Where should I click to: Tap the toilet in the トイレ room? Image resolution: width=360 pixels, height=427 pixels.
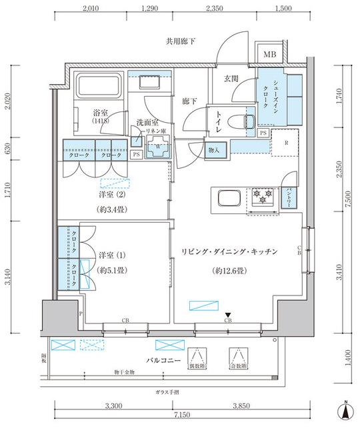coord(234,121)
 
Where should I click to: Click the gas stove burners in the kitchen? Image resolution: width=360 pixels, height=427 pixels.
coord(261,195)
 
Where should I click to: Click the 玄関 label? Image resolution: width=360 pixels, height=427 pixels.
coord(231,79)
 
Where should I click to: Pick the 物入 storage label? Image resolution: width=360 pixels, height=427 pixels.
coord(214,151)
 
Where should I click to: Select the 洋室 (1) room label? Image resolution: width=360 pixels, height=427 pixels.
coord(112,256)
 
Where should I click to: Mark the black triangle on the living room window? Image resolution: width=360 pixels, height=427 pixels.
coord(228,315)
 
